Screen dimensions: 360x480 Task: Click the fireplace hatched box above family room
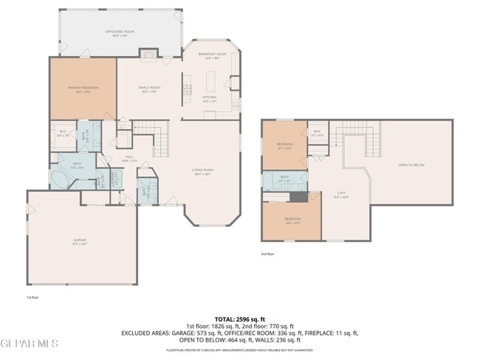click(148, 54)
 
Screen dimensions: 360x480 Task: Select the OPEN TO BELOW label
click(411, 165)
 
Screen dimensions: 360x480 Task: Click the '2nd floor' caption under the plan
click(267, 253)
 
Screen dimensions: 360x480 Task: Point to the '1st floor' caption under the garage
click(32, 297)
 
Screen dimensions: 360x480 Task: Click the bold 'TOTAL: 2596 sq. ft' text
click(240, 319)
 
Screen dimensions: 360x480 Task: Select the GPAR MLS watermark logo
click(29, 344)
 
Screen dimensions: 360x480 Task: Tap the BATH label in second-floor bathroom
click(284, 177)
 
